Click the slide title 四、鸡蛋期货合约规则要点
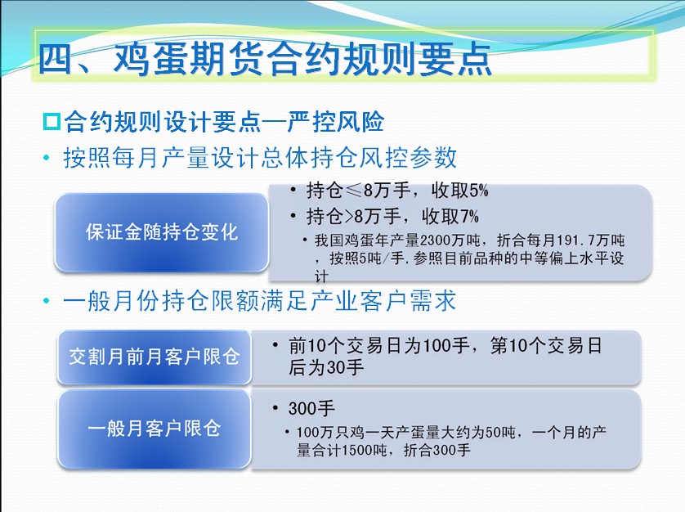(265, 59)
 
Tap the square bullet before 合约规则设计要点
(51, 122)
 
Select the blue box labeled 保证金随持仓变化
(161, 232)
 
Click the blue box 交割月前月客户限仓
(154, 357)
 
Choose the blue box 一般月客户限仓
(154, 429)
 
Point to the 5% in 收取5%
(479, 191)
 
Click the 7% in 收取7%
(469, 216)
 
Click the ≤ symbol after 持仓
(353, 191)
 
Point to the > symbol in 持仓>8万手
(348, 217)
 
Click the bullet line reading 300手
(311, 408)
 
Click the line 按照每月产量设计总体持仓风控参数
(261, 157)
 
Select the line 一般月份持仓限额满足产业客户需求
(259, 301)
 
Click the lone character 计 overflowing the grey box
(321, 276)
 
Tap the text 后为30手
(326, 367)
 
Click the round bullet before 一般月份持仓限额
(47, 301)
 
